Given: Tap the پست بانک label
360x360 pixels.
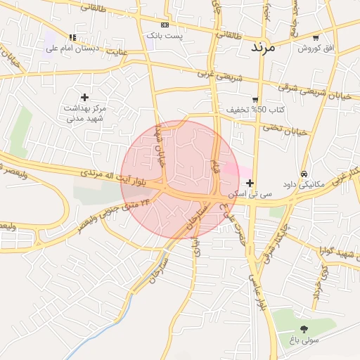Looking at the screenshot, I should pos(165,34).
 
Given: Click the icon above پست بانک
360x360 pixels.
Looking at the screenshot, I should pos(165,25).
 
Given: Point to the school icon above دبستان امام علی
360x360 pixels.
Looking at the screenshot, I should pos(72,38).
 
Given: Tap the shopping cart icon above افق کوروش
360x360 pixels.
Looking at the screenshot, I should pos(315,38).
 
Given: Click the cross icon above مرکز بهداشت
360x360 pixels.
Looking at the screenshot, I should pos(84,97).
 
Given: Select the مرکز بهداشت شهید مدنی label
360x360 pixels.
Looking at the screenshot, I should pos(84,113).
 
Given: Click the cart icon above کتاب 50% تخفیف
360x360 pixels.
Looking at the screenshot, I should pos(255,100).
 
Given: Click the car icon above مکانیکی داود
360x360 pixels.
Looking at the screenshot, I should pos(304,173).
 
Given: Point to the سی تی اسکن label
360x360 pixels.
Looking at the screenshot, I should pos(250,193).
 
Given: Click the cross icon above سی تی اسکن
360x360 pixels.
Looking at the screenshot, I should pos(250,183).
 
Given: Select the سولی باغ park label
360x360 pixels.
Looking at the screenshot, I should pos(303,340).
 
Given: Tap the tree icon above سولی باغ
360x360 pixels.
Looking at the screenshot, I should pos(304,329).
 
